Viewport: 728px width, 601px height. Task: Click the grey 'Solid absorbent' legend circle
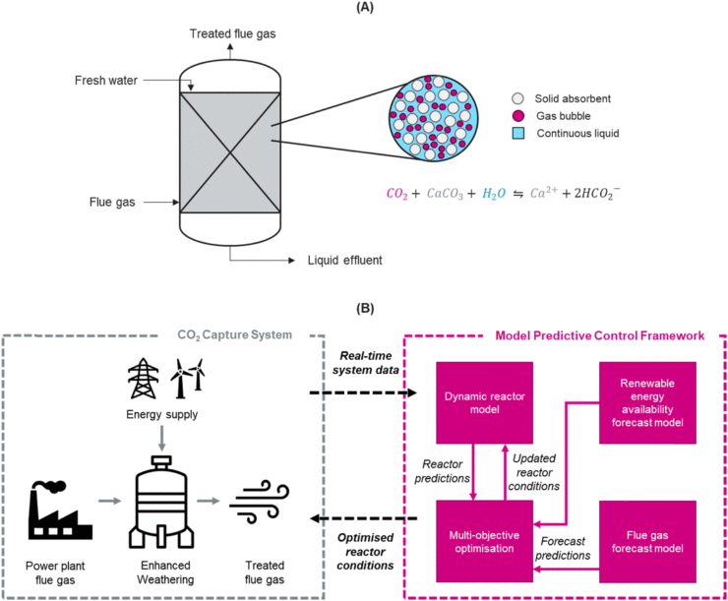(x=517, y=100)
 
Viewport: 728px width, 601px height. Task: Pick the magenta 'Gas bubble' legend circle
(x=517, y=117)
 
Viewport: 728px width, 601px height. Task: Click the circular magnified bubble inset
(x=425, y=121)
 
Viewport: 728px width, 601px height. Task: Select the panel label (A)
(x=365, y=8)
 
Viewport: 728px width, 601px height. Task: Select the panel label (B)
(x=365, y=308)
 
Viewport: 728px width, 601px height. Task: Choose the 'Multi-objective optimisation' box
(x=477, y=537)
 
